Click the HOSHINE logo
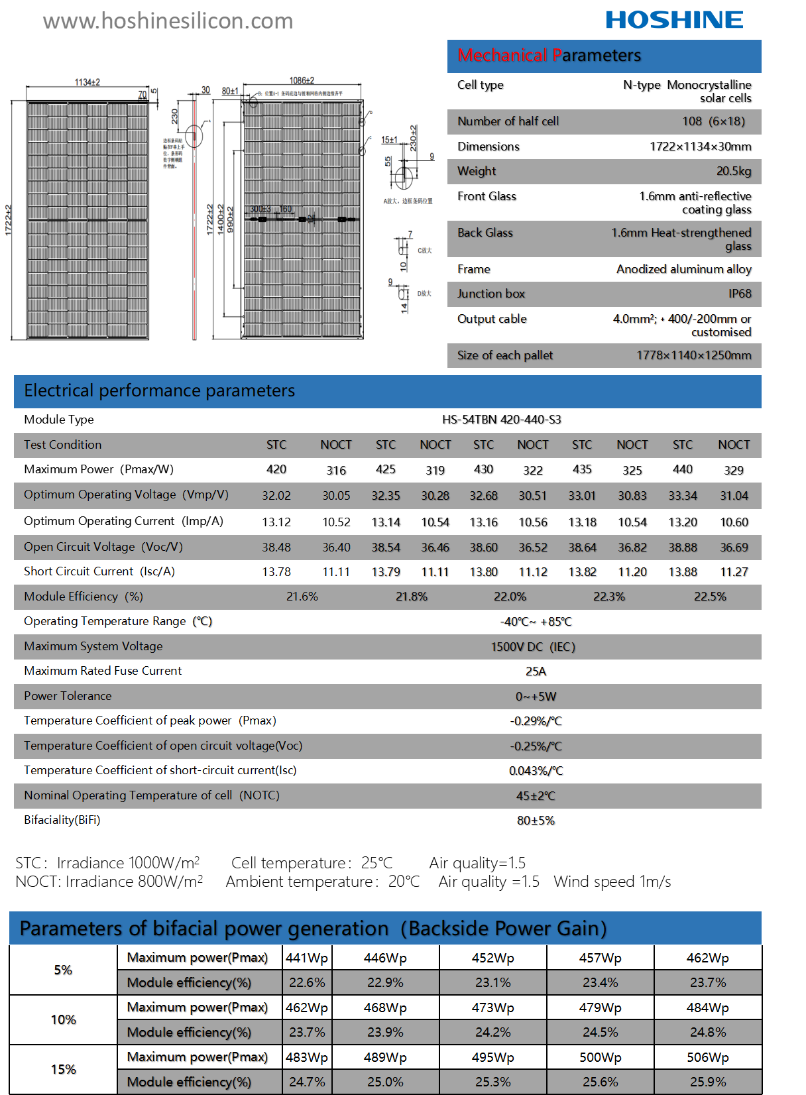click(674, 20)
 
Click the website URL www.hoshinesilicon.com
click(168, 21)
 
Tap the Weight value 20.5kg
click(734, 171)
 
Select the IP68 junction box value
click(740, 294)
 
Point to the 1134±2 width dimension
click(87, 82)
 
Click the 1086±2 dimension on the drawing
click(302, 81)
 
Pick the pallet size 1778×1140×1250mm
click(693, 355)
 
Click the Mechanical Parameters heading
click(549, 55)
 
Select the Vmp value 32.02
click(276, 496)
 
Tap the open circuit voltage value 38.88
click(683, 547)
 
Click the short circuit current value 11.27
click(734, 572)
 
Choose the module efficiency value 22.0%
click(510, 597)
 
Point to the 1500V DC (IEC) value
click(533, 647)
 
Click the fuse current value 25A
click(536, 671)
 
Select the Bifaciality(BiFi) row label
click(62, 820)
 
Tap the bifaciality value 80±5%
click(536, 821)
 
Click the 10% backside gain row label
click(64, 1019)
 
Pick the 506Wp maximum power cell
click(707, 1057)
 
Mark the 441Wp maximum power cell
click(307, 958)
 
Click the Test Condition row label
click(63, 445)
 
